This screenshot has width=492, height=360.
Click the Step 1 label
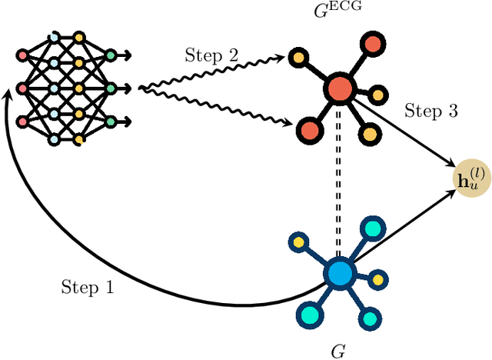click(x=87, y=288)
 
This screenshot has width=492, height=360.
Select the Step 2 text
click(x=211, y=55)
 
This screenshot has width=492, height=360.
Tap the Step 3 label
click(x=430, y=112)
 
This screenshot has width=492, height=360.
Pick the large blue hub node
click(x=338, y=273)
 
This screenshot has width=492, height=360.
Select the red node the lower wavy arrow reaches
click(x=308, y=126)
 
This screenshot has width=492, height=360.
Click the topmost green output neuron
click(x=111, y=55)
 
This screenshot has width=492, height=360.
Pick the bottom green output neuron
click(x=111, y=122)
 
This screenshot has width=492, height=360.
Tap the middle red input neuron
click(x=22, y=88)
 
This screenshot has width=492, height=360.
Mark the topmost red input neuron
click(x=22, y=55)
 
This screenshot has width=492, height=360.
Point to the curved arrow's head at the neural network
click(x=8, y=94)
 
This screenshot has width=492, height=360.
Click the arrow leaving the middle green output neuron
click(x=125, y=88)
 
